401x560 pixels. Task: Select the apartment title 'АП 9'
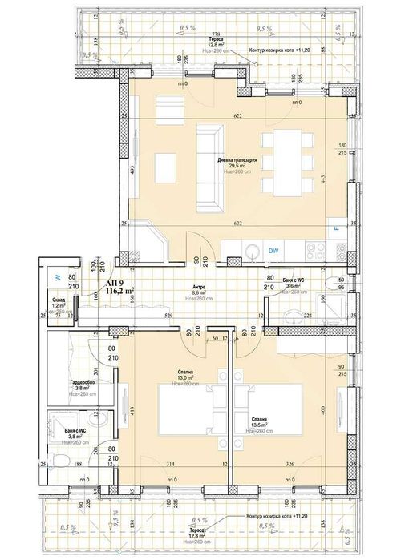(x=115, y=283)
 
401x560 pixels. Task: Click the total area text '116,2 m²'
(x=119, y=293)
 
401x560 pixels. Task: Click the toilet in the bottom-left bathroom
(x=56, y=459)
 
